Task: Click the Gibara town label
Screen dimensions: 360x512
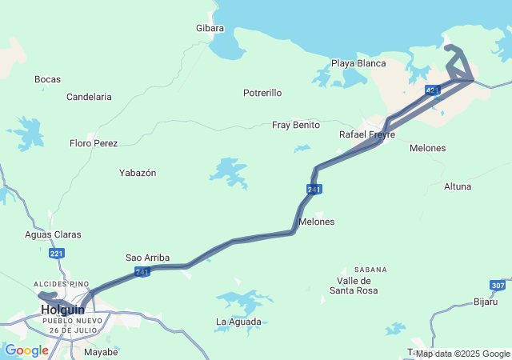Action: (210, 28)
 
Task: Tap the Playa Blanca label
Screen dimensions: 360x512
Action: (358, 63)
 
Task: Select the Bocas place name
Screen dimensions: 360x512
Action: (47, 79)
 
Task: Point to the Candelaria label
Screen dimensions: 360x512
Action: (89, 97)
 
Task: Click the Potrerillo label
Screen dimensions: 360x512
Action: (262, 93)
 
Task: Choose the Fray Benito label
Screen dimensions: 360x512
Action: (296, 125)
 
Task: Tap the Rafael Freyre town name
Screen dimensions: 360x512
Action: (367, 134)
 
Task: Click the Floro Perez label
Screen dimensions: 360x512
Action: (94, 143)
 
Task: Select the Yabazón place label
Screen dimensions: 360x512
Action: (138, 173)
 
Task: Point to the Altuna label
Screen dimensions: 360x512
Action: (458, 186)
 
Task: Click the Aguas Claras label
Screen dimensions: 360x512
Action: (53, 234)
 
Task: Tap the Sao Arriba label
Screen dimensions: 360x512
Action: (147, 258)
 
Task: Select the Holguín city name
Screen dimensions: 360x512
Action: (63, 309)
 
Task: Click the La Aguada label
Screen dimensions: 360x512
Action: (238, 322)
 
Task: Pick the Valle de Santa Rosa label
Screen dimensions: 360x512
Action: (354, 286)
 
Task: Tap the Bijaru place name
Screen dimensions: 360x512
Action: (486, 302)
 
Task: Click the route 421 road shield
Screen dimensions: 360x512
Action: (432, 90)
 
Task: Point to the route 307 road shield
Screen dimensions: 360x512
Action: (498, 285)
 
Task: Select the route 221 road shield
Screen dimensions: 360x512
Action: (56, 254)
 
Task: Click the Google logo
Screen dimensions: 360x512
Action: (26, 350)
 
